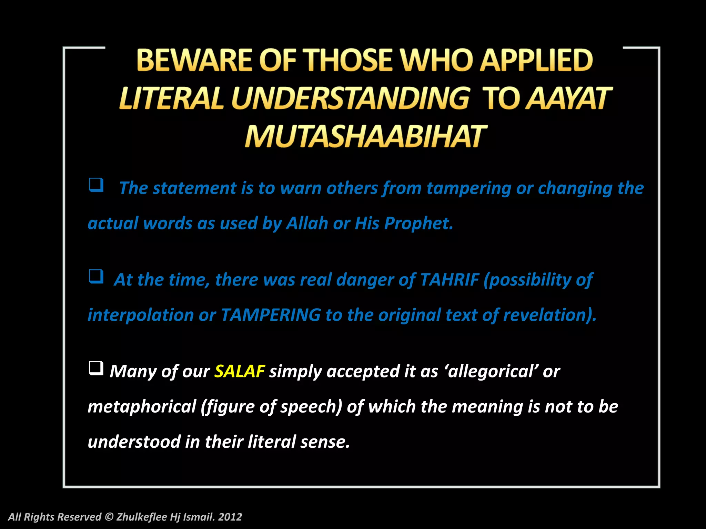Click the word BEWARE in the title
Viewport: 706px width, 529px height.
[x=194, y=60]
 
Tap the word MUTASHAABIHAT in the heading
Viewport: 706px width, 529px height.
[x=365, y=136]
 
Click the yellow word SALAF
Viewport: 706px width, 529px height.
[x=239, y=371]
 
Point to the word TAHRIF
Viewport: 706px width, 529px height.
[x=450, y=279]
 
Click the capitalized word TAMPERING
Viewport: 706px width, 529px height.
[x=271, y=315]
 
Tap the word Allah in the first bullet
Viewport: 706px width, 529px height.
[x=307, y=223]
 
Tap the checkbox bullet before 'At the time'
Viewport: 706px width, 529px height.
[x=96, y=277]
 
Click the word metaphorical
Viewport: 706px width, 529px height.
[x=142, y=406]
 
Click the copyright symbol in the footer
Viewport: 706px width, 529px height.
[x=109, y=517]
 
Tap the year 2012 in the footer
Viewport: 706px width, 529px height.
[x=230, y=517]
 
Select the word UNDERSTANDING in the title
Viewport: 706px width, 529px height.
[x=350, y=98]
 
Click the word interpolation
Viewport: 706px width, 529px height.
[x=141, y=315]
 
